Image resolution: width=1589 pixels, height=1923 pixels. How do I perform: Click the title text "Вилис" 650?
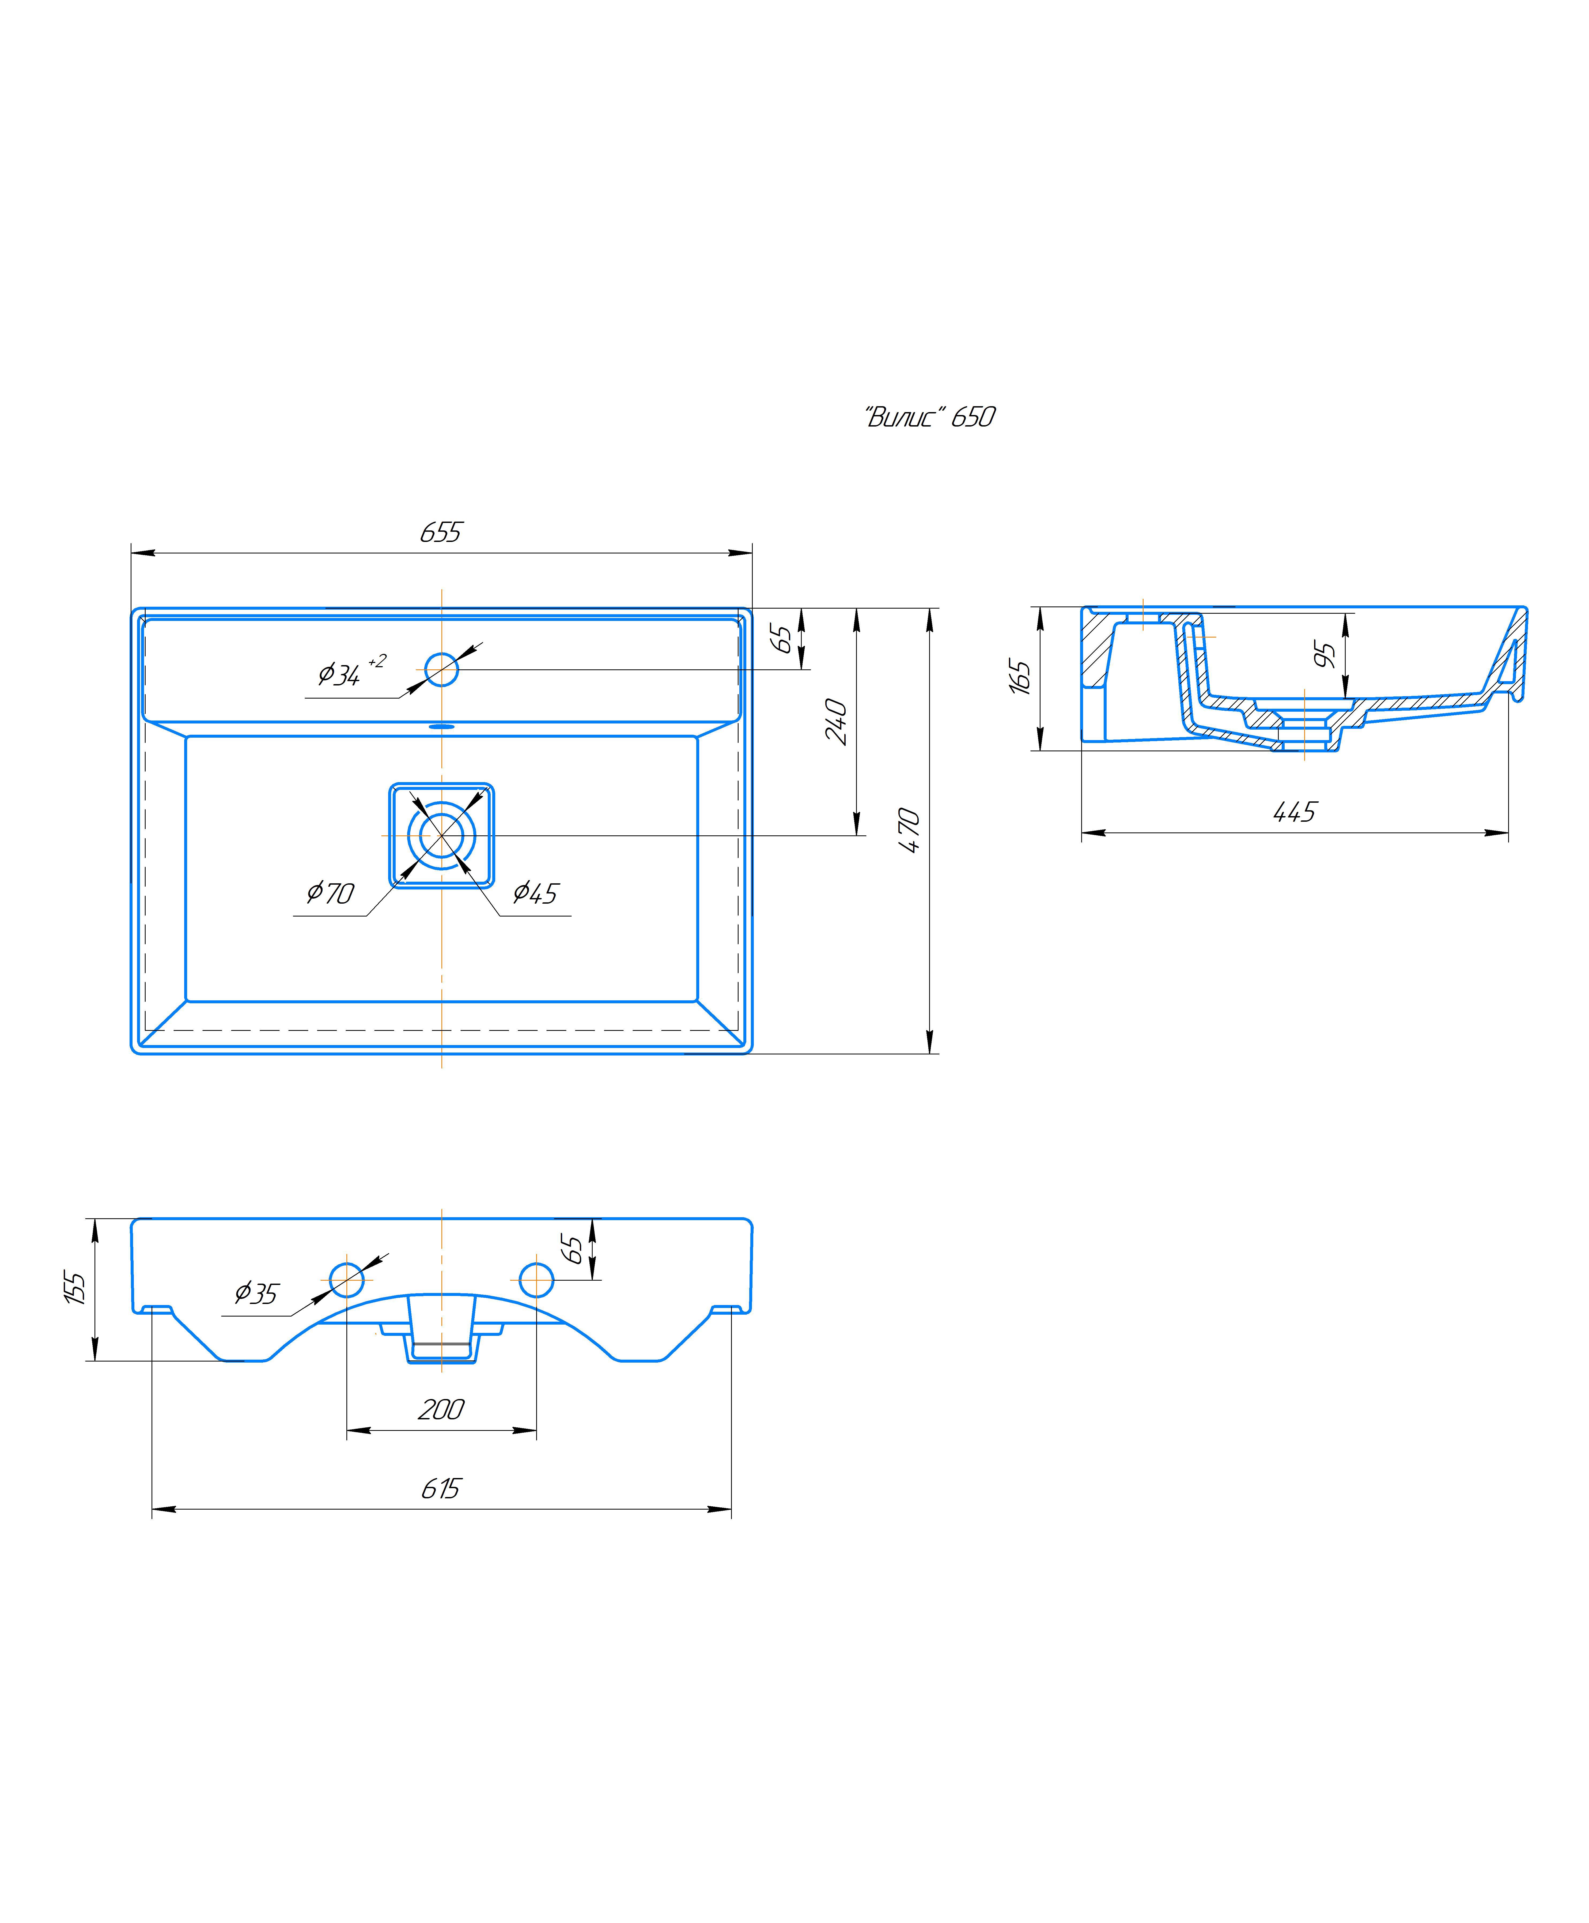coord(929,417)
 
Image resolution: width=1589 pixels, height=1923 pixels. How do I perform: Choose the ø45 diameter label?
coord(535,892)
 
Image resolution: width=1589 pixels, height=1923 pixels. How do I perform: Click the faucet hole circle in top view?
coord(442,669)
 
